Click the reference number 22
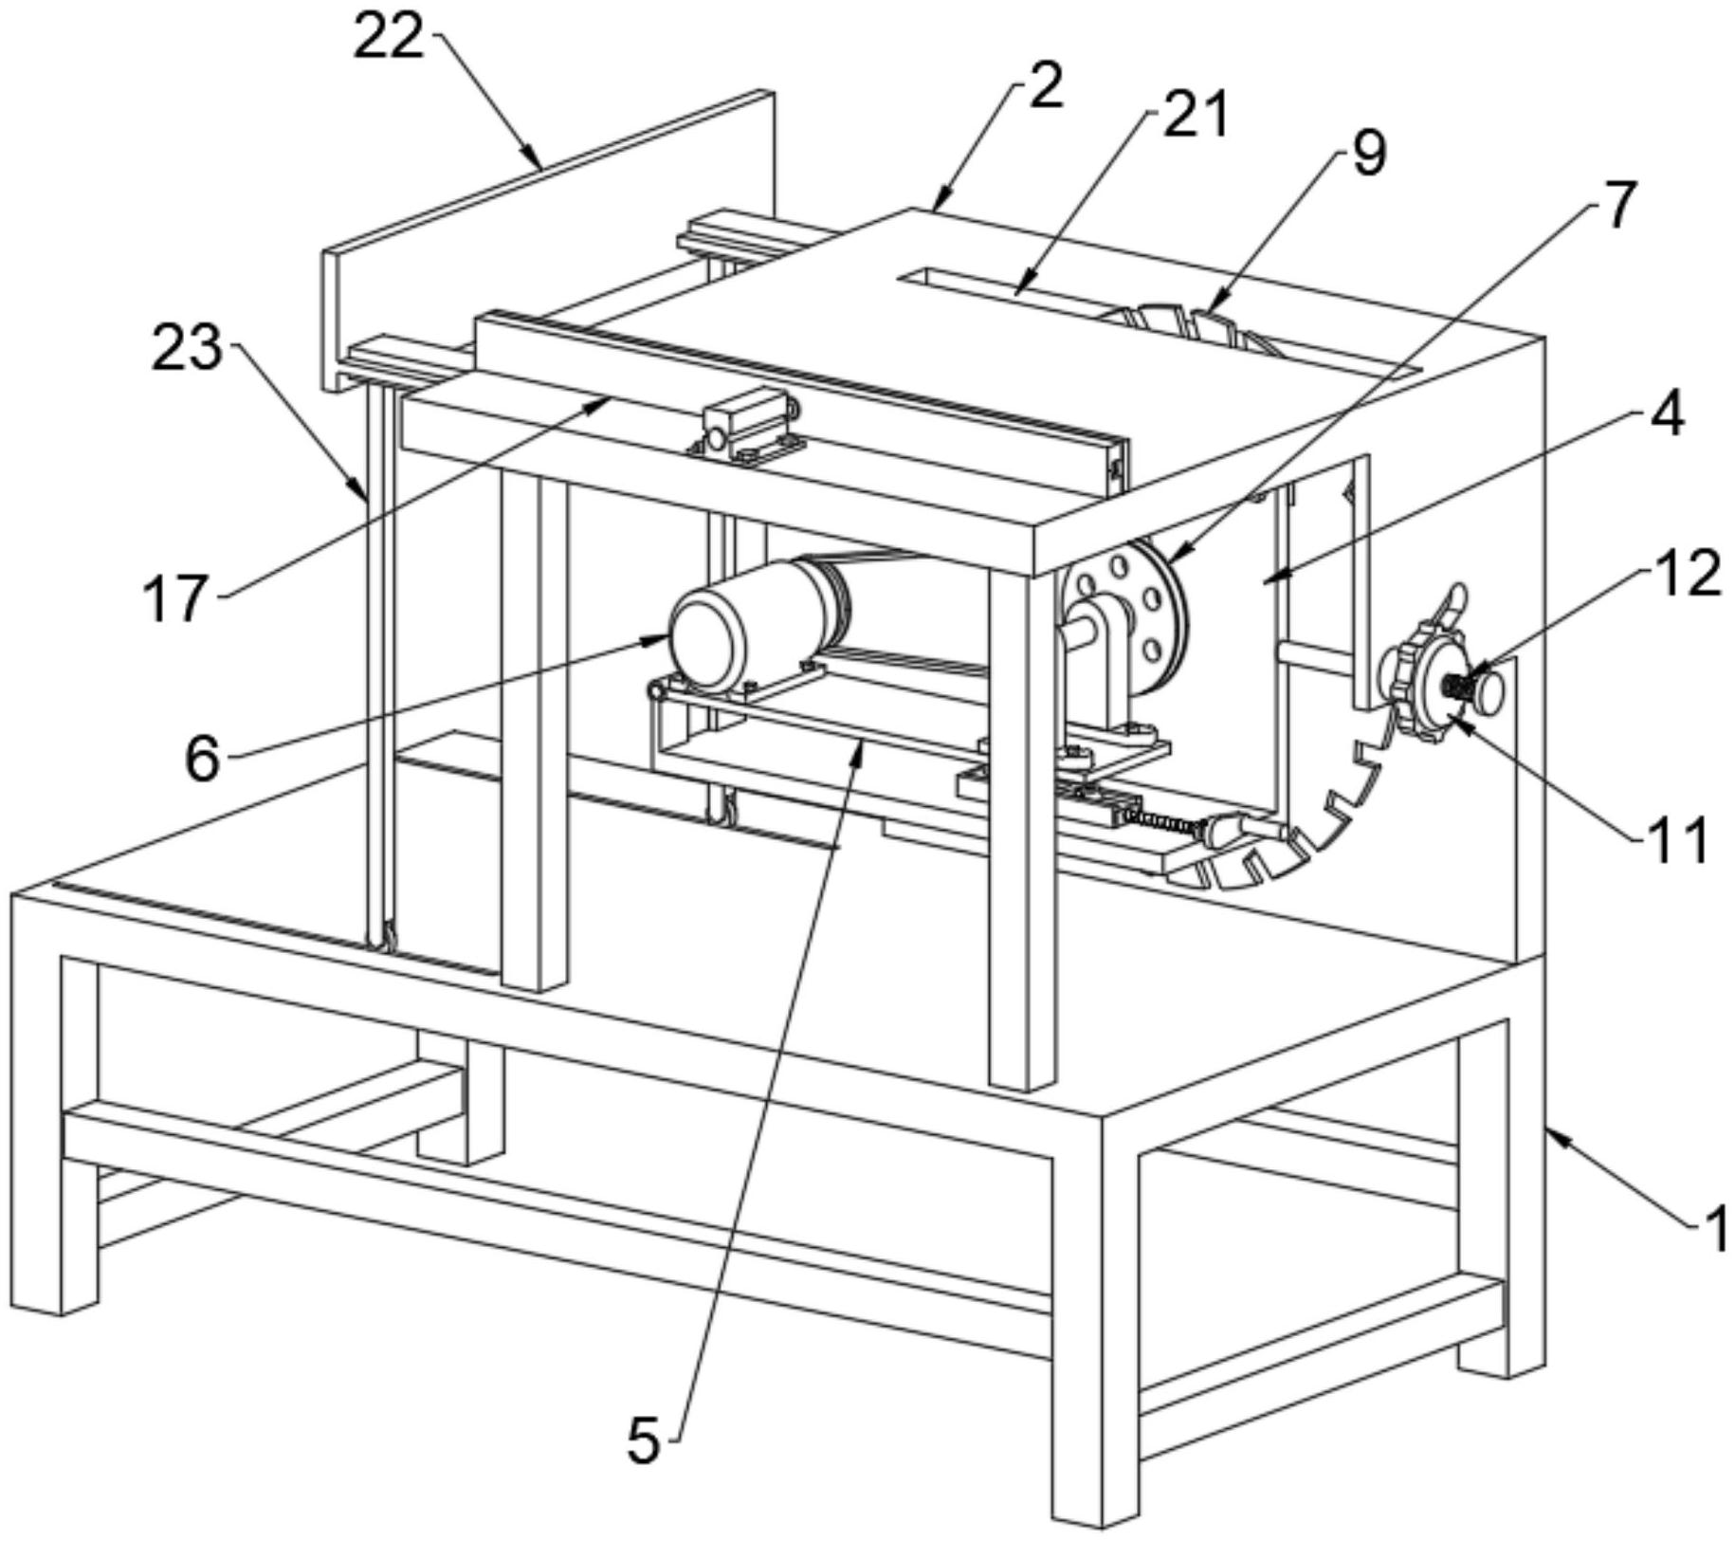[x=388, y=39]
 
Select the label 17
[x=175, y=598]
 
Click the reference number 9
[x=1369, y=153]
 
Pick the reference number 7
[x=1619, y=203]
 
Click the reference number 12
[x=1689, y=574]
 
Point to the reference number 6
[x=203, y=759]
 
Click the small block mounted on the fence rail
[x=748, y=424]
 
